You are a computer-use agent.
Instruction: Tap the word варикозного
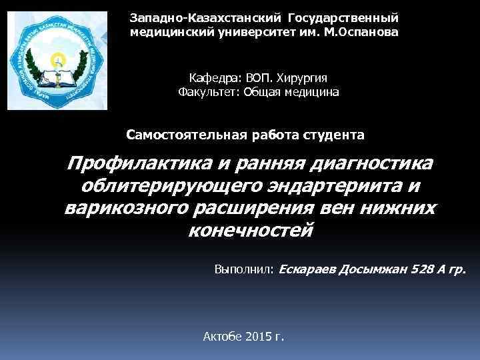pyautogui.click(x=126, y=209)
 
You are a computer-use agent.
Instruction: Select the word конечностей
pyautogui.click(x=251, y=231)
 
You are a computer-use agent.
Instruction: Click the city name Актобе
pyautogui.click(x=223, y=336)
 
